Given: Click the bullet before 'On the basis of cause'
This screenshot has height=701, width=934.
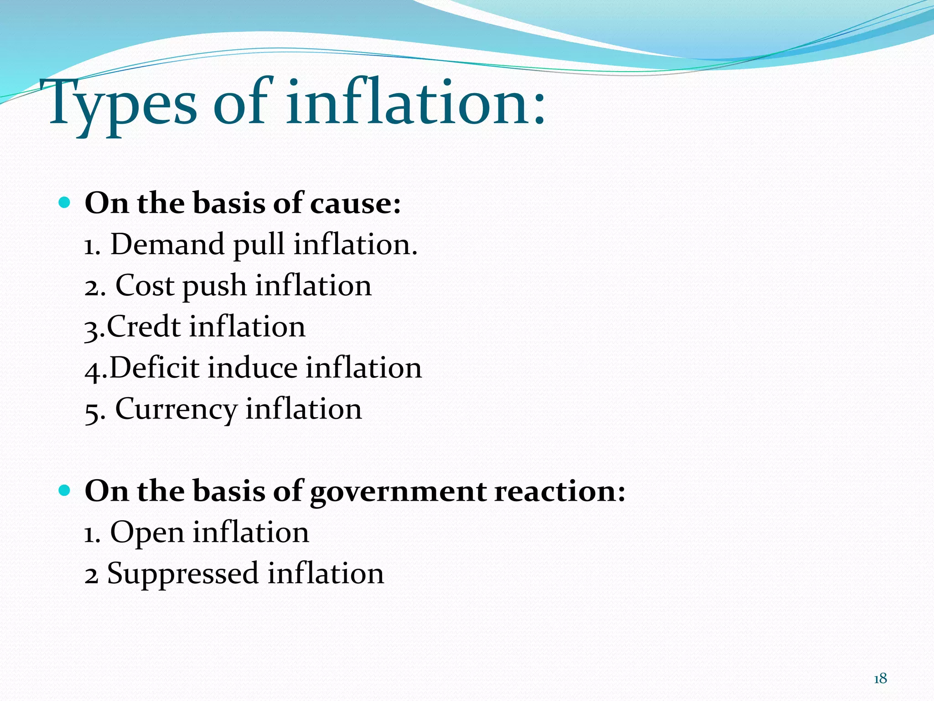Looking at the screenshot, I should point(65,202).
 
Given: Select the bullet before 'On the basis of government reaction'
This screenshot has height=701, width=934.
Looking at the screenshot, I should point(65,491).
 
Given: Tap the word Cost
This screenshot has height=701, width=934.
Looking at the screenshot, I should point(145,286).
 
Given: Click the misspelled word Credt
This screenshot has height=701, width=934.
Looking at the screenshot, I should point(144,327).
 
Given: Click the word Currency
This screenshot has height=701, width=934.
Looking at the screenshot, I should point(176,410).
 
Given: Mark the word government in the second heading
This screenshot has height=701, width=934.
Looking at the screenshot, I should point(398,492).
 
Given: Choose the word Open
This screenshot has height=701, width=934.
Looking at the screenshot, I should point(147,533).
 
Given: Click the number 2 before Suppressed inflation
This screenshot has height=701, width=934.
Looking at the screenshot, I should point(91,574).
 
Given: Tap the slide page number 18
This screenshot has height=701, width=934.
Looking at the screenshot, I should point(880,679).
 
